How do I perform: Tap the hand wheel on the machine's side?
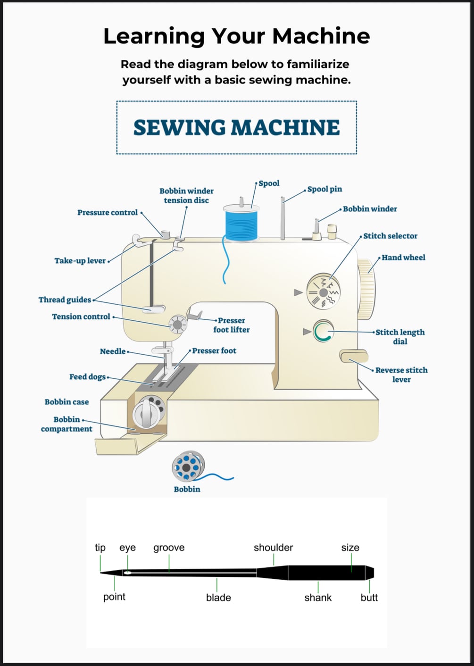point(366,289)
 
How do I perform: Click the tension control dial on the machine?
point(178,325)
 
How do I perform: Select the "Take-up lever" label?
point(80,261)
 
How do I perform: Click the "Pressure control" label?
point(108,213)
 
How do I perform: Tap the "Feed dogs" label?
point(87,377)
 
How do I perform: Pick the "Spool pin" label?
point(324,189)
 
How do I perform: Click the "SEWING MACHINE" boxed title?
point(236,127)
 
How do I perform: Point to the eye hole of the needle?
point(127,573)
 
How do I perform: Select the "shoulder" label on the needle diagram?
point(273,548)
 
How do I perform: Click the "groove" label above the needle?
point(169,548)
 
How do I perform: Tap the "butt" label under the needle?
point(369,598)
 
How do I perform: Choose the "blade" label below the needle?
point(218,598)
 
